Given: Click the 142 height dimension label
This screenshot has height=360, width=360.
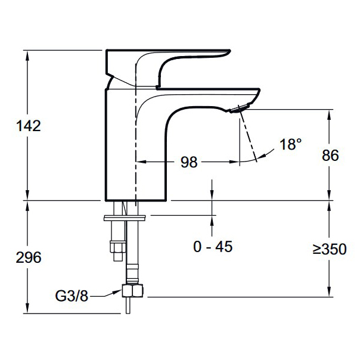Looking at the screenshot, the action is point(29,126).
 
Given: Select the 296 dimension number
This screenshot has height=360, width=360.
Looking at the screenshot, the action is point(29,257).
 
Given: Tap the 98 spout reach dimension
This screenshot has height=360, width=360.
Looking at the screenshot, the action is point(189,162).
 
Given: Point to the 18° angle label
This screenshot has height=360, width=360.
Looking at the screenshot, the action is point(290,144).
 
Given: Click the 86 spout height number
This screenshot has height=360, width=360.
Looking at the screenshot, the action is point(330,155).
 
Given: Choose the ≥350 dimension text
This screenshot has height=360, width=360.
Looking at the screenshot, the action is point(330,249).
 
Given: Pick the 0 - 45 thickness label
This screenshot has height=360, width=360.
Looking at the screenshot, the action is point(213,247).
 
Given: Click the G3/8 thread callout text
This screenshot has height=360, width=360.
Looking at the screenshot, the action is point(72,296).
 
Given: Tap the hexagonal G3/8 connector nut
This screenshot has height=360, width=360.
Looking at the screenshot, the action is point(132,291).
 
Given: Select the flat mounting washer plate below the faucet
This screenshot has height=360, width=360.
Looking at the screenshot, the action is point(125,218).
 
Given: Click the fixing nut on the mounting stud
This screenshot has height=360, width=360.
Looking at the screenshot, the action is point(118,247).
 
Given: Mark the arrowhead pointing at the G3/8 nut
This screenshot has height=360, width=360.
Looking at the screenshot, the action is point(117,292).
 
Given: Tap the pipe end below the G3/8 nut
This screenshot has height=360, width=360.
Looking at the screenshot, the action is point(128,306).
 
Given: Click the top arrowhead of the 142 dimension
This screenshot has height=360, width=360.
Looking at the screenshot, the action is point(27,55).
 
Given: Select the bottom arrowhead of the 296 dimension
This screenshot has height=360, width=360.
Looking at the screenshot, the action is point(27,308).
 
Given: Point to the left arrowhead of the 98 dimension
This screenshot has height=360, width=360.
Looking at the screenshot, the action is point(141,162).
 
